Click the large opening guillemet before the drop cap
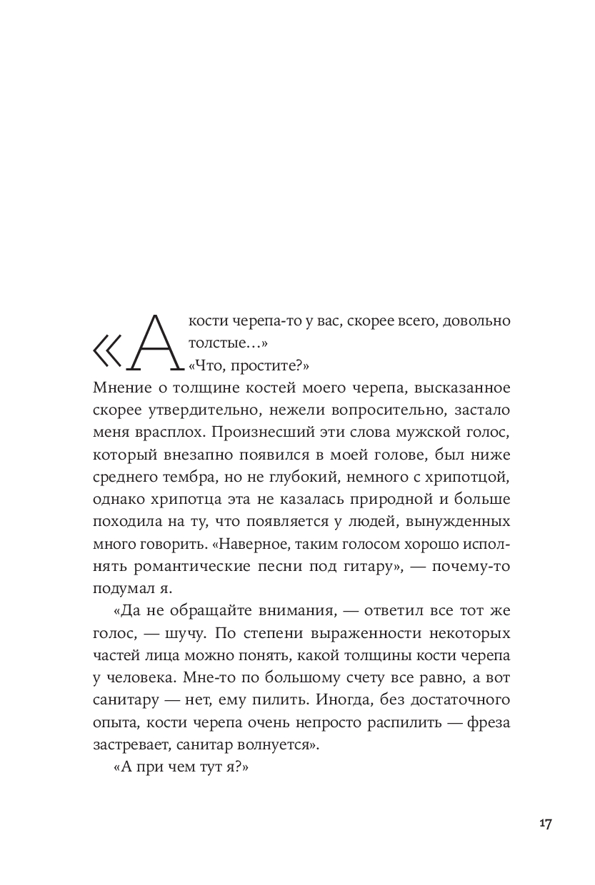point(108,351)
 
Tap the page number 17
point(545,823)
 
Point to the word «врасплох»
point(158,433)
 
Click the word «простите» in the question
point(267,366)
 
